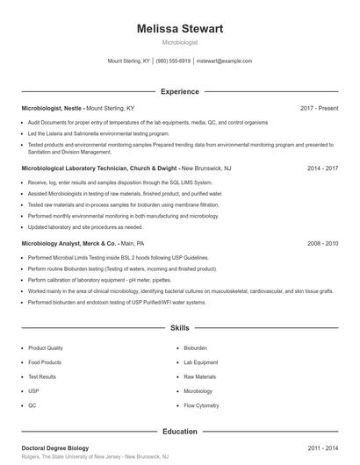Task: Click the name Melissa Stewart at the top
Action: click(180, 29)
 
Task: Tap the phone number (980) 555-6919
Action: click(174, 61)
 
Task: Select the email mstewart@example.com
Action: click(224, 61)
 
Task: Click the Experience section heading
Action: click(180, 91)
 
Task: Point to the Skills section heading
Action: click(180, 328)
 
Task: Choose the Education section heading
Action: click(180, 432)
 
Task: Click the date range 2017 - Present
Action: click(319, 108)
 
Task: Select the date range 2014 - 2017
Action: click(323, 167)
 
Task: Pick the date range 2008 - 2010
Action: click(323, 242)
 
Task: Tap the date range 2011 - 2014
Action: click(323, 448)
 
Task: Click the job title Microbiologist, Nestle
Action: click(52, 108)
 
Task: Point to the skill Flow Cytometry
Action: click(200, 405)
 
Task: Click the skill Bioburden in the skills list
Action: click(195, 347)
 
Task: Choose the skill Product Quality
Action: click(46, 347)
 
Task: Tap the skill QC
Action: click(32, 405)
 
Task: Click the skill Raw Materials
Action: click(199, 376)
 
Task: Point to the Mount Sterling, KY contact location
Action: click(128, 61)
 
